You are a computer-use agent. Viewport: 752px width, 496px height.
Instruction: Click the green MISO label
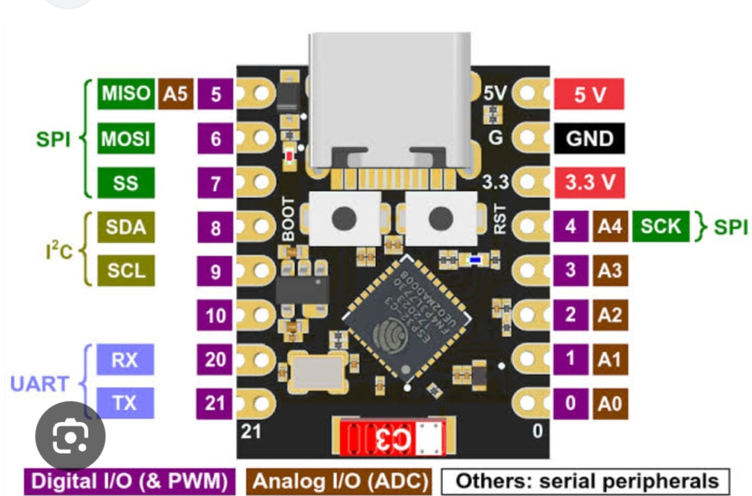click(x=126, y=94)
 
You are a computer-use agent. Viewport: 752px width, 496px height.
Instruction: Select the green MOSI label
click(x=126, y=138)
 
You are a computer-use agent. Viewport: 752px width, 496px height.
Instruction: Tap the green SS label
click(x=126, y=183)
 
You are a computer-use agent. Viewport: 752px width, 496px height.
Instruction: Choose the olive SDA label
click(x=126, y=227)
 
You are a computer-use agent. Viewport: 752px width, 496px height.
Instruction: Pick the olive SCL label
click(x=126, y=271)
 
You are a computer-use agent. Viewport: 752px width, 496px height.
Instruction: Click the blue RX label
click(x=125, y=360)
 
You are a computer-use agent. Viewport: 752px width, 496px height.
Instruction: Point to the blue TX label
click(x=125, y=403)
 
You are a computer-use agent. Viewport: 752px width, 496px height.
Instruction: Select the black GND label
click(x=589, y=138)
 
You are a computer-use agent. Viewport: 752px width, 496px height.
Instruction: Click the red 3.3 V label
click(x=589, y=183)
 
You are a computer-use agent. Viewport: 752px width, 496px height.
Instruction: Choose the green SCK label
click(x=660, y=227)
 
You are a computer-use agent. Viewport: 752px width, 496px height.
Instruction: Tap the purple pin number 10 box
click(x=216, y=316)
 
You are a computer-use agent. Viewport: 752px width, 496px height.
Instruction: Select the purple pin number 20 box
click(x=216, y=360)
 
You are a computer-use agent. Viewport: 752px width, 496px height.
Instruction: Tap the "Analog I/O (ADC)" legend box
click(x=340, y=481)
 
